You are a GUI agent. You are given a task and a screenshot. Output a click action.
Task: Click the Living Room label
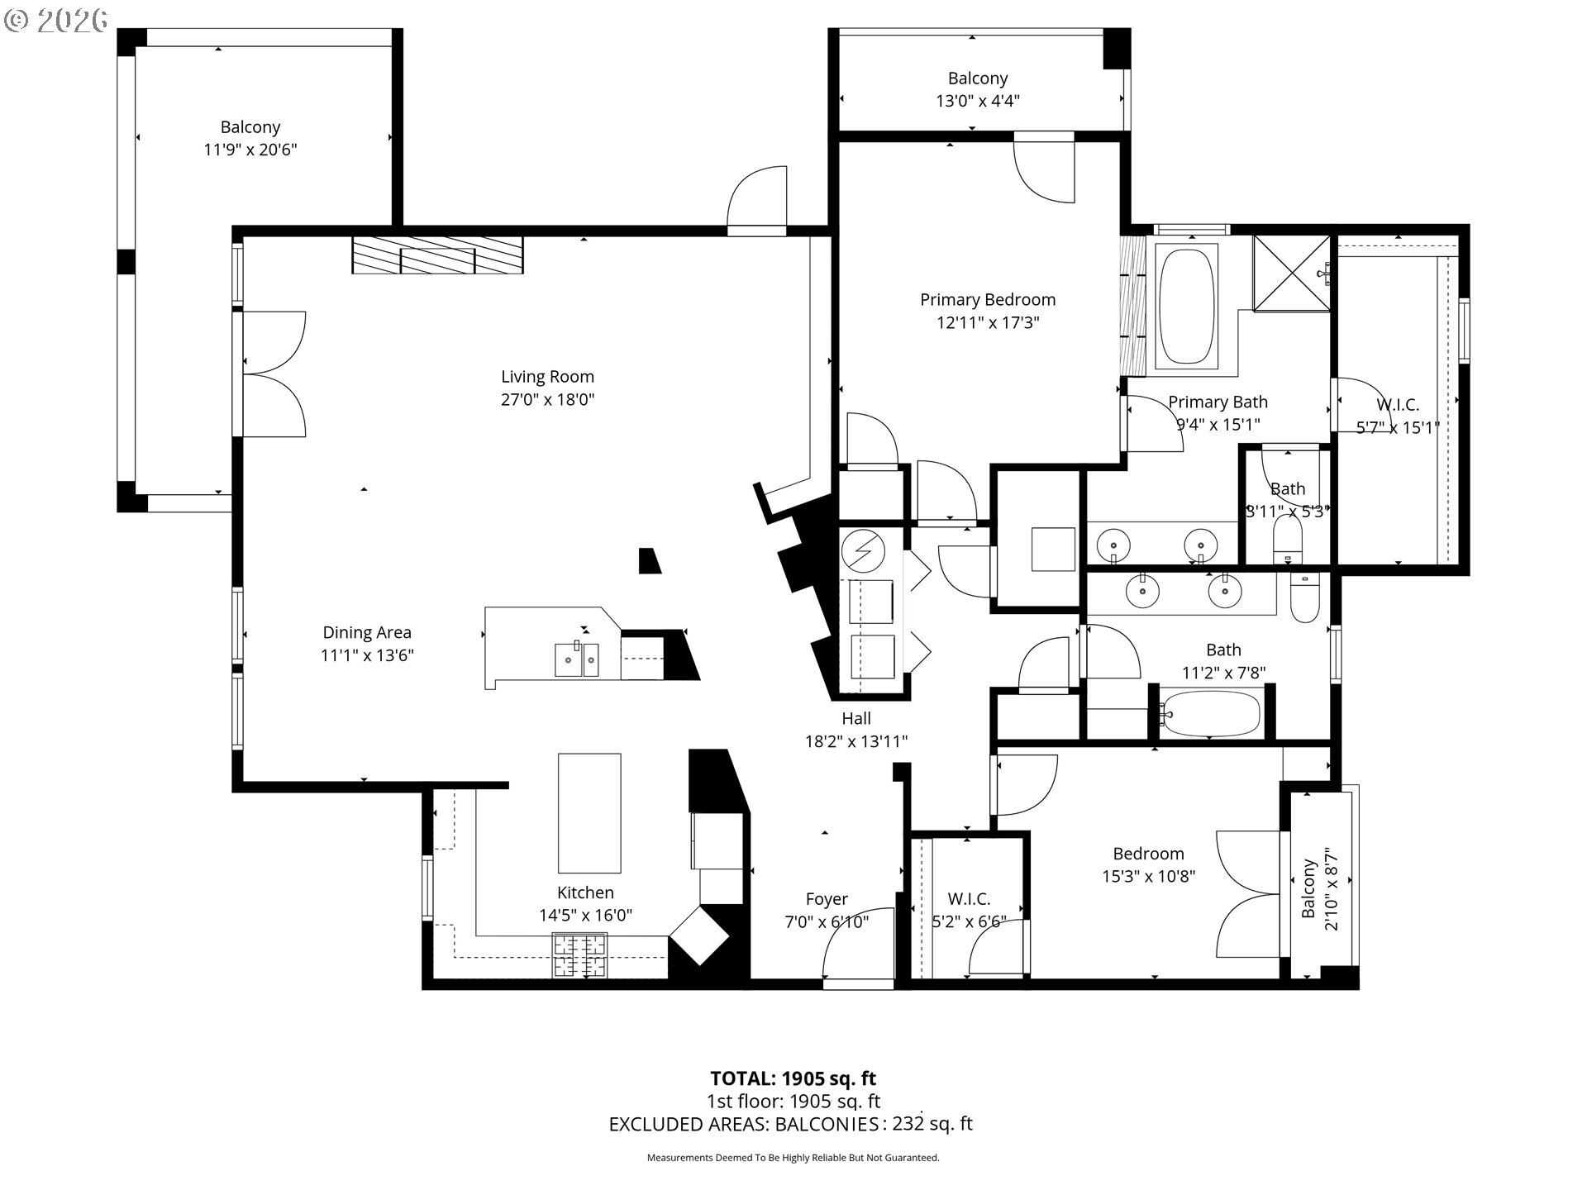tap(547, 377)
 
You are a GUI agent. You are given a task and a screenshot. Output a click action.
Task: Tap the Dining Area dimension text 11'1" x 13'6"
tap(367, 655)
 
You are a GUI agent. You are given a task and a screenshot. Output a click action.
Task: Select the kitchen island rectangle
tap(589, 812)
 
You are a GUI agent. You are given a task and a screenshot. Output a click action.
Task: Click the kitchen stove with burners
tap(579, 955)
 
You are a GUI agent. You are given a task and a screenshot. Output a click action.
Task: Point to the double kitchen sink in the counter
tap(576, 659)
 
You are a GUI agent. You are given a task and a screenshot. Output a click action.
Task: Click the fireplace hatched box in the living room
tap(437, 255)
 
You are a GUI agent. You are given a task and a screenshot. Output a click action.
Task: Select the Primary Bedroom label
tap(988, 300)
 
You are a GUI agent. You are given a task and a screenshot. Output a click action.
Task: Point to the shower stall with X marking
tap(1292, 274)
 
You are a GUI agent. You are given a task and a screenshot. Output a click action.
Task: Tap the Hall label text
tap(856, 719)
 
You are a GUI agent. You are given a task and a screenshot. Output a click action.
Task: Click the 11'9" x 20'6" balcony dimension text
tap(250, 150)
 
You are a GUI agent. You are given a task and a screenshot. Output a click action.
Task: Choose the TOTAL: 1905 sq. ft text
tap(793, 1078)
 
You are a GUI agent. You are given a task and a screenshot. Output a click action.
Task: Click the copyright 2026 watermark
tap(56, 20)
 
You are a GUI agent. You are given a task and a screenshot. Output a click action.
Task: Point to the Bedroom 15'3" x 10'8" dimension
tap(1148, 876)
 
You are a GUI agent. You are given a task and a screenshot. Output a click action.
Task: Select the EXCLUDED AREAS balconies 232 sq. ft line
tap(790, 1124)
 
